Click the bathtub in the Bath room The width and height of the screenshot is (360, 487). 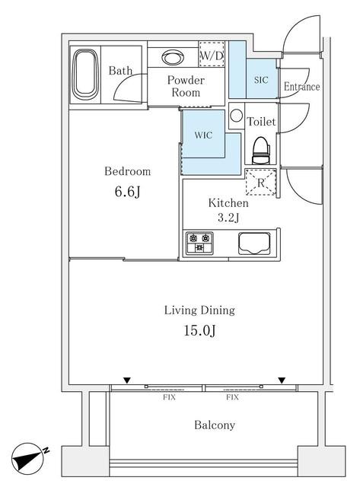coord(84,75)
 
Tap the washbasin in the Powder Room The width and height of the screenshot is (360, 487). coord(173,58)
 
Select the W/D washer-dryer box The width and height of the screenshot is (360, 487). coord(212,54)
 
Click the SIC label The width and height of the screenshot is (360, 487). coord(261,80)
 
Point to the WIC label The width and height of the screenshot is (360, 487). coord(203,135)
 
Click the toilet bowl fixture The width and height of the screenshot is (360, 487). coord(261,151)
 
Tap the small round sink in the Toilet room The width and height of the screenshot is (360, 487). coord(237,116)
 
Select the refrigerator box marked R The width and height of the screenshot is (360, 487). coord(260,182)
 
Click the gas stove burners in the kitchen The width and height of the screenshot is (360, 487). coord(199,243)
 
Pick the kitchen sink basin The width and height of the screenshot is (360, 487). coord(254,243)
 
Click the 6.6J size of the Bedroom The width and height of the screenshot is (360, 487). coord(127,191)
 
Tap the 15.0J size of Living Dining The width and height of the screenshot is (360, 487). coord(199,330)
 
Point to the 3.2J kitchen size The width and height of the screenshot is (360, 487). coord(228,218)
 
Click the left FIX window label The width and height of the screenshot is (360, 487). coord(169,397)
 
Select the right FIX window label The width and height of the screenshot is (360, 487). coord(232,397)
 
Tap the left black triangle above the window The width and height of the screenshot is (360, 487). coord(127,380)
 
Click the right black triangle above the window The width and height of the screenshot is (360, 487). coord(282,380)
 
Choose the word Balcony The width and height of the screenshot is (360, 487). coord(215,425)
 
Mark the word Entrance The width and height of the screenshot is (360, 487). coord(301,86)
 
